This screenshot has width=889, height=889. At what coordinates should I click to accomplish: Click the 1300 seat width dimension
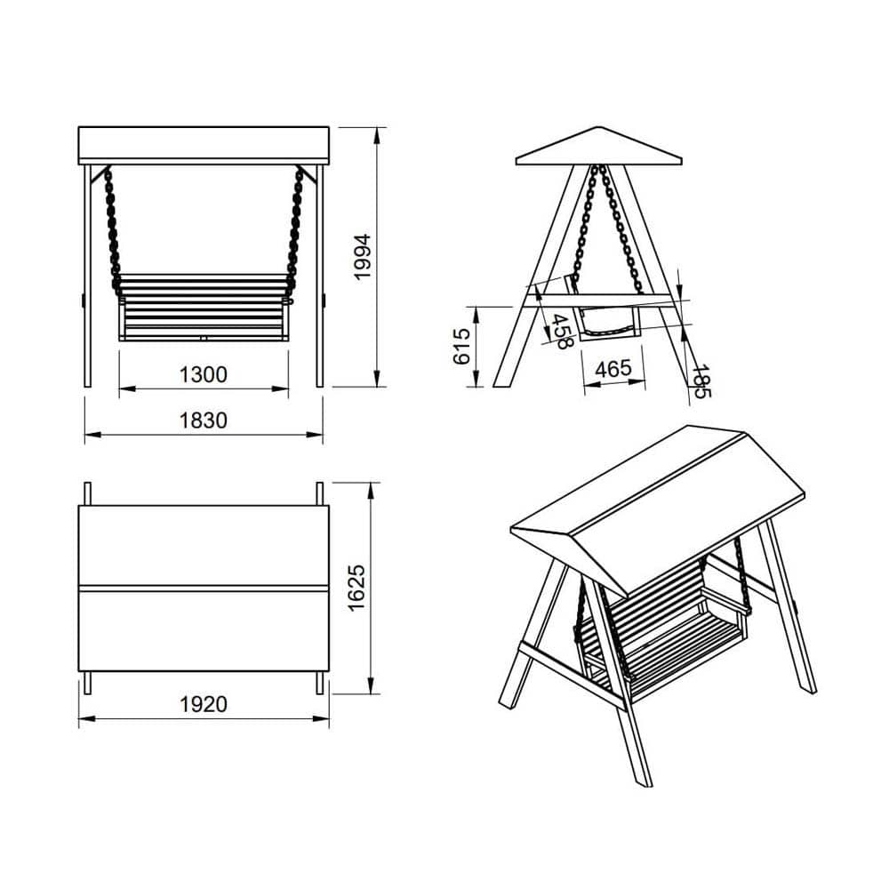(x=203, y=375)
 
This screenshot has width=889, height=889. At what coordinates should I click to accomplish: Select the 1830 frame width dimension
(x=203, y=420)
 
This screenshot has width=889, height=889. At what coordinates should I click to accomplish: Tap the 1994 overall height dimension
(x=362, y=256)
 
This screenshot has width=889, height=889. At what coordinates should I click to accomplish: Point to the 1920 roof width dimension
(x=203, y=704)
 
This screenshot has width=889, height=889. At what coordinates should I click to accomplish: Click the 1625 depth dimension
(x=357, y=588)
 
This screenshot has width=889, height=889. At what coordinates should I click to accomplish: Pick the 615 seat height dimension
(x=462, y=346)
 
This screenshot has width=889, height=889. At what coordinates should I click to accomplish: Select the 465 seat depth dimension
(x=613, y=369)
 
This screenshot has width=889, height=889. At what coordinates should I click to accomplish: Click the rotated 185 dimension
(x=701, y=381)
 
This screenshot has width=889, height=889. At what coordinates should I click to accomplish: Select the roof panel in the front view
(x=203, y=143)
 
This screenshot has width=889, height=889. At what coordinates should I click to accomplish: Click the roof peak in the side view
(x=598, y=127)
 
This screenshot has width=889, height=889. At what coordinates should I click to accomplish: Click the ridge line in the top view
(x=203, y=589)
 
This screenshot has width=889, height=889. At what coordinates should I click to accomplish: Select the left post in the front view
(x=87, y=276)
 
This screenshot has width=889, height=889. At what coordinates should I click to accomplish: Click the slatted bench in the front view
(x=204, y=308)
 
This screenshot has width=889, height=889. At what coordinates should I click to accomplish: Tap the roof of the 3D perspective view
(x=658, y=510)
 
